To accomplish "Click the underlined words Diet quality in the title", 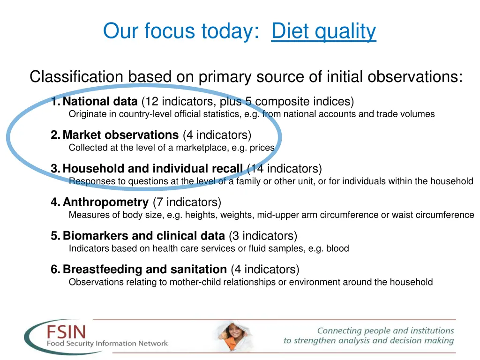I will pyautogui.click(x=323, y=31).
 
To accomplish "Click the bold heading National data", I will pyautogui.click(x=100, y=101).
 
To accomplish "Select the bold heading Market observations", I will pyautogui.click(x=120, y=135).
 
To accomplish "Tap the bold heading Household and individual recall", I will pyautogui.click(x=152, y=169).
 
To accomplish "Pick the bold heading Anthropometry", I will pyautogui.click(x=105, y=202).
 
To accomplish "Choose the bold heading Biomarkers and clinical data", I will pyautogui.click(x=143, y=236).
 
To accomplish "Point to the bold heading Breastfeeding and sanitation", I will pyautogui.click(x=144, y=270).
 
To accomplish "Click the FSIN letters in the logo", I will pyautogui.click(x=66, y=332).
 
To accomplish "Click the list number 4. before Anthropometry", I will pyautogui.click(x=55, y=202).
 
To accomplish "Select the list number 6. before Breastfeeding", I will pyautogui.click(x=55, y=270).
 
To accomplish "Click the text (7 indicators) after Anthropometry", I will pyautogui.click(x=187, y=202).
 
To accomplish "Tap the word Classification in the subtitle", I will pyautogui.click(x=76, y=76).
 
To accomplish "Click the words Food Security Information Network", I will pyautogui.click(x=107, y=344).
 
